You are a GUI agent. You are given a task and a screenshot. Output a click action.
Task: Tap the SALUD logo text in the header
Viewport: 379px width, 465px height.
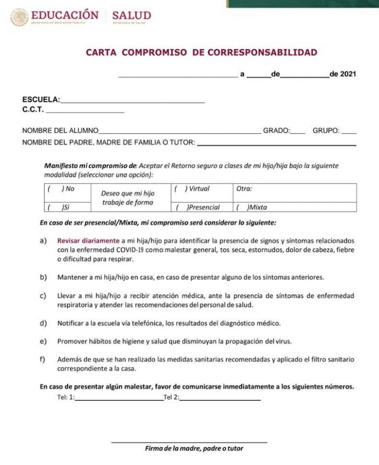(x=131, y=15)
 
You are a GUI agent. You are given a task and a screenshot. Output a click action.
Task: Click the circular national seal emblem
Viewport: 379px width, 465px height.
(x=19, y=17)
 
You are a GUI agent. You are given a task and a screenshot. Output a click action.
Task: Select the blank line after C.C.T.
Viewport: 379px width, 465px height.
(x=84, y=112)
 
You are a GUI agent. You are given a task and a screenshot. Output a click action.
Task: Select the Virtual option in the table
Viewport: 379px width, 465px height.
(x=180, y=189)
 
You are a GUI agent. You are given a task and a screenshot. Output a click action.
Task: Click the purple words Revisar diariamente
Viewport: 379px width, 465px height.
(x=88, y=241)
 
